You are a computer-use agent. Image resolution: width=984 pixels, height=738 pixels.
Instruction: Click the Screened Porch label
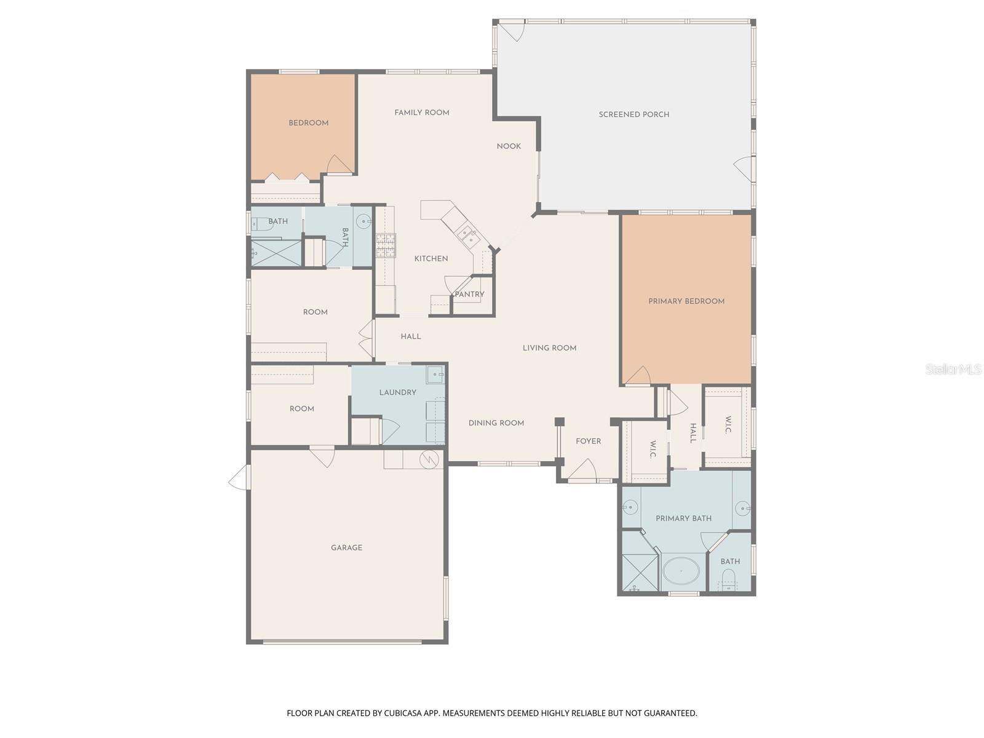pyautogui.click(x=633, y=114)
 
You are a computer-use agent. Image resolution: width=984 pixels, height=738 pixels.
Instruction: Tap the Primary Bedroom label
pyautogui.click(x=686, y=301)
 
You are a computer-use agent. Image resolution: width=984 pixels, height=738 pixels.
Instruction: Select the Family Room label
pyautogui.click(x=422, y=113)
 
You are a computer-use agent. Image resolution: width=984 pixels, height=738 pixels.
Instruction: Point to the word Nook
pyautogui.click(x=509, y=146)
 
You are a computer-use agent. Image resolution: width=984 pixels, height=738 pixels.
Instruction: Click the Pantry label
pyautogui.click(x=469, y=295)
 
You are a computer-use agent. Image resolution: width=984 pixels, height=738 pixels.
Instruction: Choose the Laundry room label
pyautogui.click(x=397, y=392)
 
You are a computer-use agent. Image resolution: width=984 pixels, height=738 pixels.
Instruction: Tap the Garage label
pyautogui.click(x=346, y=548)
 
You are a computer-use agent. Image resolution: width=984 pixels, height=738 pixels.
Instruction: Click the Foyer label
pyautogui.click(x=588, y=442)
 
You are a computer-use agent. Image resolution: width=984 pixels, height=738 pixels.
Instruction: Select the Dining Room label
pyautogui.click(x=496, y=423)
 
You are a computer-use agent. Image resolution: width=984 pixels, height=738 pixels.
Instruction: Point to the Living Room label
pyautogui.click(x=549, y=348)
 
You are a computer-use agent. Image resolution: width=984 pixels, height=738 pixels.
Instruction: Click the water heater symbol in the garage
pyautogui.click(x=428, y=459)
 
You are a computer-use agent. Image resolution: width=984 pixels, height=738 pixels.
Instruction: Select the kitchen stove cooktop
pyautogui.click(x=386, y=245)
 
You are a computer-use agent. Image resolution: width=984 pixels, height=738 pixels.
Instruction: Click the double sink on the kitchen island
pyautogui.click(x=465, y=232)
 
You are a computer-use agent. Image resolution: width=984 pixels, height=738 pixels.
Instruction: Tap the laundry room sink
pyautogui.click(x=435, y=374)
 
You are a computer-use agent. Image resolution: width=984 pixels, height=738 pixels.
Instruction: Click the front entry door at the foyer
pyautogui.click(x=582, y=472)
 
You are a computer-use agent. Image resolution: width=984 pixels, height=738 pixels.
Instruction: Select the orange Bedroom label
pyautogui.click(x=308, y=123)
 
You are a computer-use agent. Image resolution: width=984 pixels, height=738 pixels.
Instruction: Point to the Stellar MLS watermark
pyautogui.click(x=953, y=370)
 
